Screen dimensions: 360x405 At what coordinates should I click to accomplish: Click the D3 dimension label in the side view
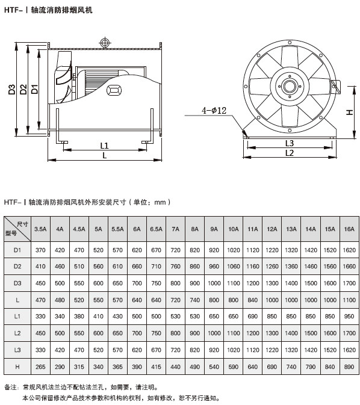[x=12, y=90]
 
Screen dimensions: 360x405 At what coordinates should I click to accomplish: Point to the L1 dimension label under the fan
[x=104, y=146]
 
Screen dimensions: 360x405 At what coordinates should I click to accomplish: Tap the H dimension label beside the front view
[x=349, y=113]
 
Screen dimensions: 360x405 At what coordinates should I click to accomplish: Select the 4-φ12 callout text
[x=214, y=111]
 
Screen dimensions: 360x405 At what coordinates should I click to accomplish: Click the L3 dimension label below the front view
[x=290, y=143]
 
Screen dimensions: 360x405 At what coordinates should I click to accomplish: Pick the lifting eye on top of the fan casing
[x=105, y=43]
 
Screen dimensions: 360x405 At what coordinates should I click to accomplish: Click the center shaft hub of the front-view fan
[x=290, y=86]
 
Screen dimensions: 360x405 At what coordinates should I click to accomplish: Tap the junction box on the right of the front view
[x=336, y=87]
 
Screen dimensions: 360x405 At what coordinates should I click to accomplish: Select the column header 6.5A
[x=156, y=229]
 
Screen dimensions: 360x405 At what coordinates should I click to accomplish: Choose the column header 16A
[x=349, y=229]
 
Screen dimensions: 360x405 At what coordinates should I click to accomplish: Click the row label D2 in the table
[x=17, y=267]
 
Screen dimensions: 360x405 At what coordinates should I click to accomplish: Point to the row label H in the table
[x=17, y=366]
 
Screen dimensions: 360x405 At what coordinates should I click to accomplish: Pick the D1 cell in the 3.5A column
[x=40, y=250]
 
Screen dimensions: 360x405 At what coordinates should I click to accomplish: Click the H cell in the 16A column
[x=349, y=366]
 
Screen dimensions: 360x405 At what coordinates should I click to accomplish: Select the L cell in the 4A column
[x=60, y=300]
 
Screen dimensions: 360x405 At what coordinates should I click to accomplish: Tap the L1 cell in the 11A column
[x=252, y=317]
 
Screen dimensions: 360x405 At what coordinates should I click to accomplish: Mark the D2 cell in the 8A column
[x=194, y=267]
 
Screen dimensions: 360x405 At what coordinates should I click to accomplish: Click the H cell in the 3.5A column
[x=40, y=366]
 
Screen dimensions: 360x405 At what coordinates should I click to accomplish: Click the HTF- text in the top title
[x=13, y=10]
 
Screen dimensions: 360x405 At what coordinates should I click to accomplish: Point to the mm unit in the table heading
[x=160, y=202]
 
